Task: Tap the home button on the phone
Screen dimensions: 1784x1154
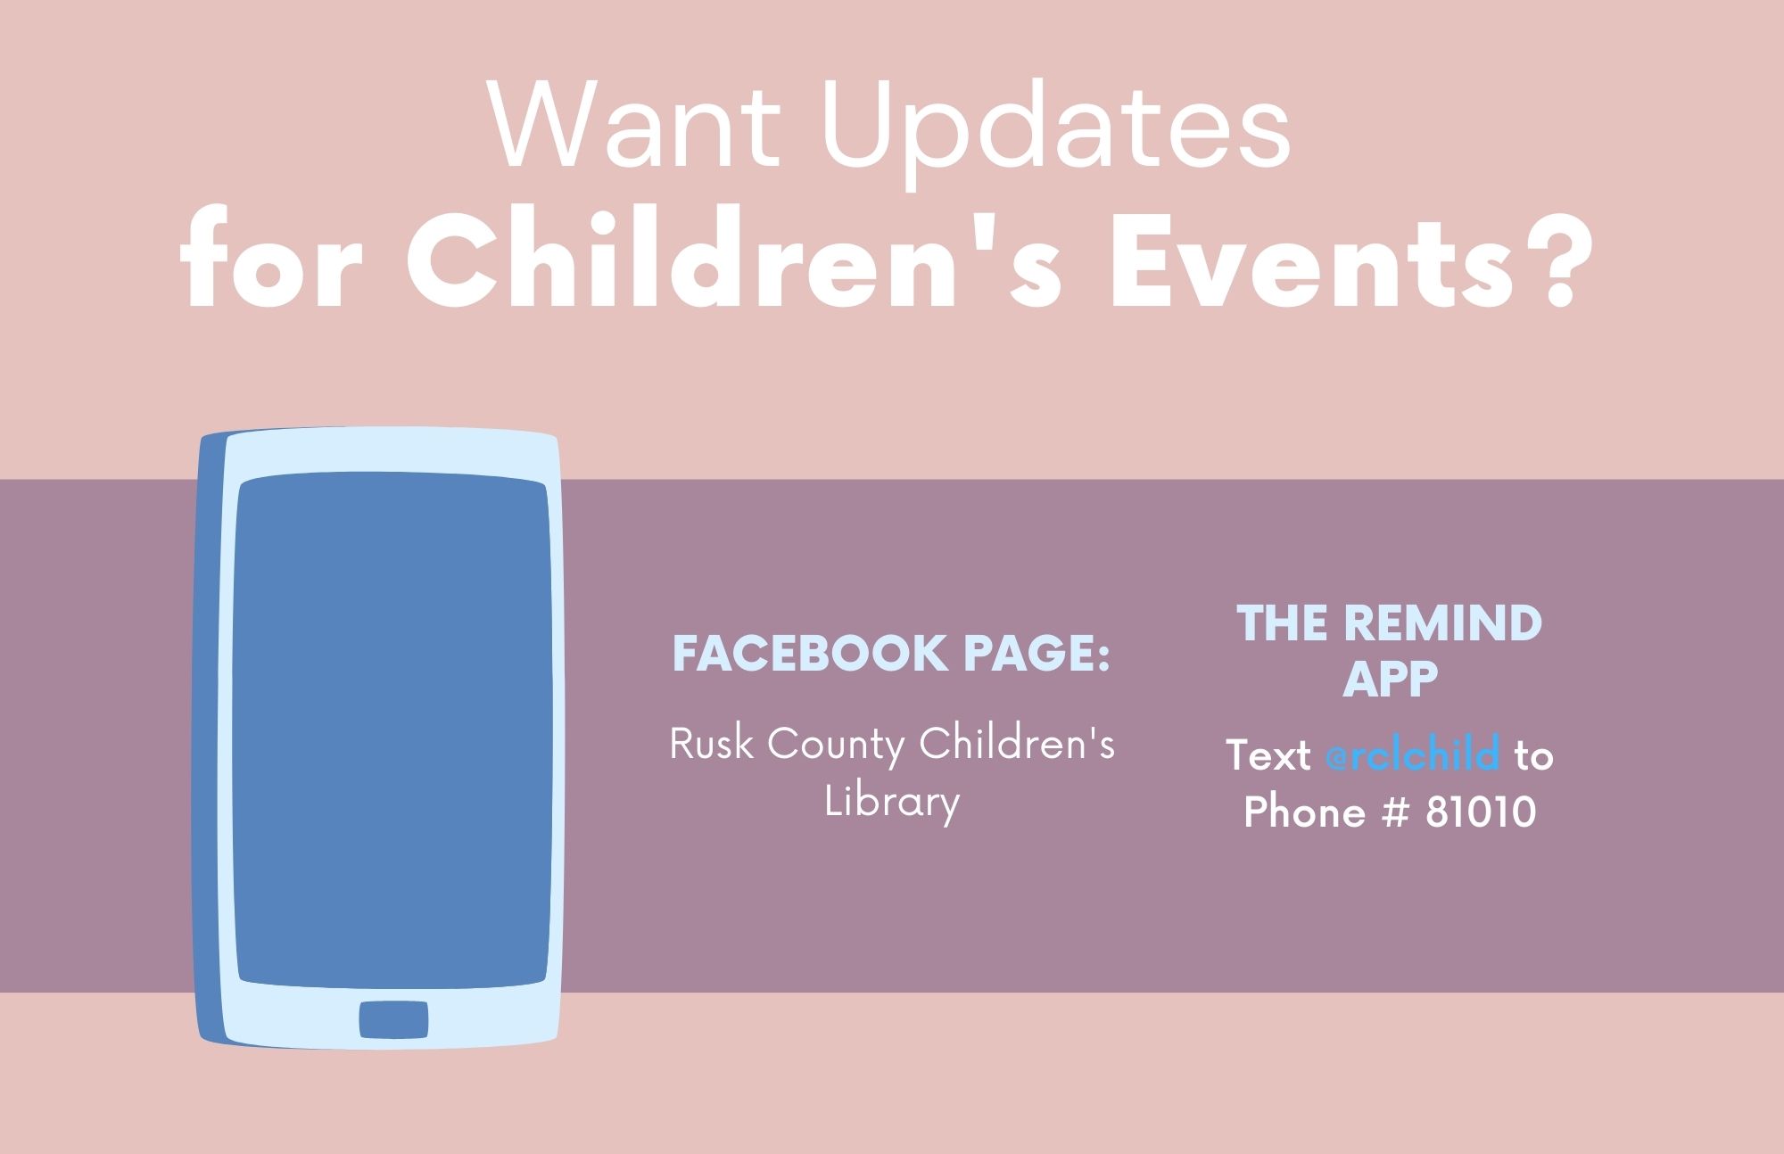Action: click(x=393, y=1018)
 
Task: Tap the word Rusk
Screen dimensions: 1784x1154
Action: click(x=712, y=744)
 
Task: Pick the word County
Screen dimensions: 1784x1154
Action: click(x=838, y=747)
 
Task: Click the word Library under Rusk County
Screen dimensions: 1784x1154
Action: click(x=891, y=802)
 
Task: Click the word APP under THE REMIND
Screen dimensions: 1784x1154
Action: click(x=1391, y=680)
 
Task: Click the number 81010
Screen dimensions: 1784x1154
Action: click(x=1481, y=812)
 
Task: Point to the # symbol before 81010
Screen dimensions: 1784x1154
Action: click(x=1392, y=812)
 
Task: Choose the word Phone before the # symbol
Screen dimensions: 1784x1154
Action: click(x=1305, y=812)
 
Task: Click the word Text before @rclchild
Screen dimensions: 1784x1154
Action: click(x=1268, y=756)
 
